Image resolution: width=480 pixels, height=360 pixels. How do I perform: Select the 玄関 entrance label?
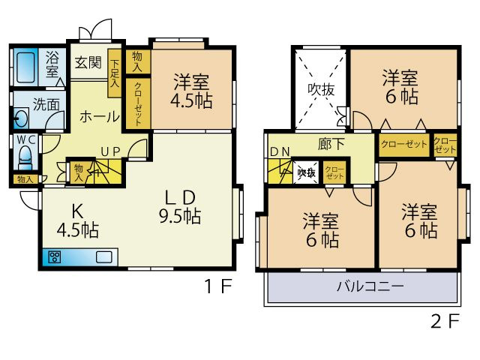coord(87,63)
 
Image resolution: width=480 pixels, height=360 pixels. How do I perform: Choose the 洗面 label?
coord(46,105)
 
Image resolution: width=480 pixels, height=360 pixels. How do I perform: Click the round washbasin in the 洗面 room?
coord(20,118)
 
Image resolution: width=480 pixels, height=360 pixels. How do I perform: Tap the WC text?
coord(25,139)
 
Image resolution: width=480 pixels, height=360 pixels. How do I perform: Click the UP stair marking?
coord(110,152)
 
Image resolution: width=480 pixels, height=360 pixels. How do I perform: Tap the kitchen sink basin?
coord(103,257)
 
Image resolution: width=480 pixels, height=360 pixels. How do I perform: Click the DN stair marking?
coord(280,152)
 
